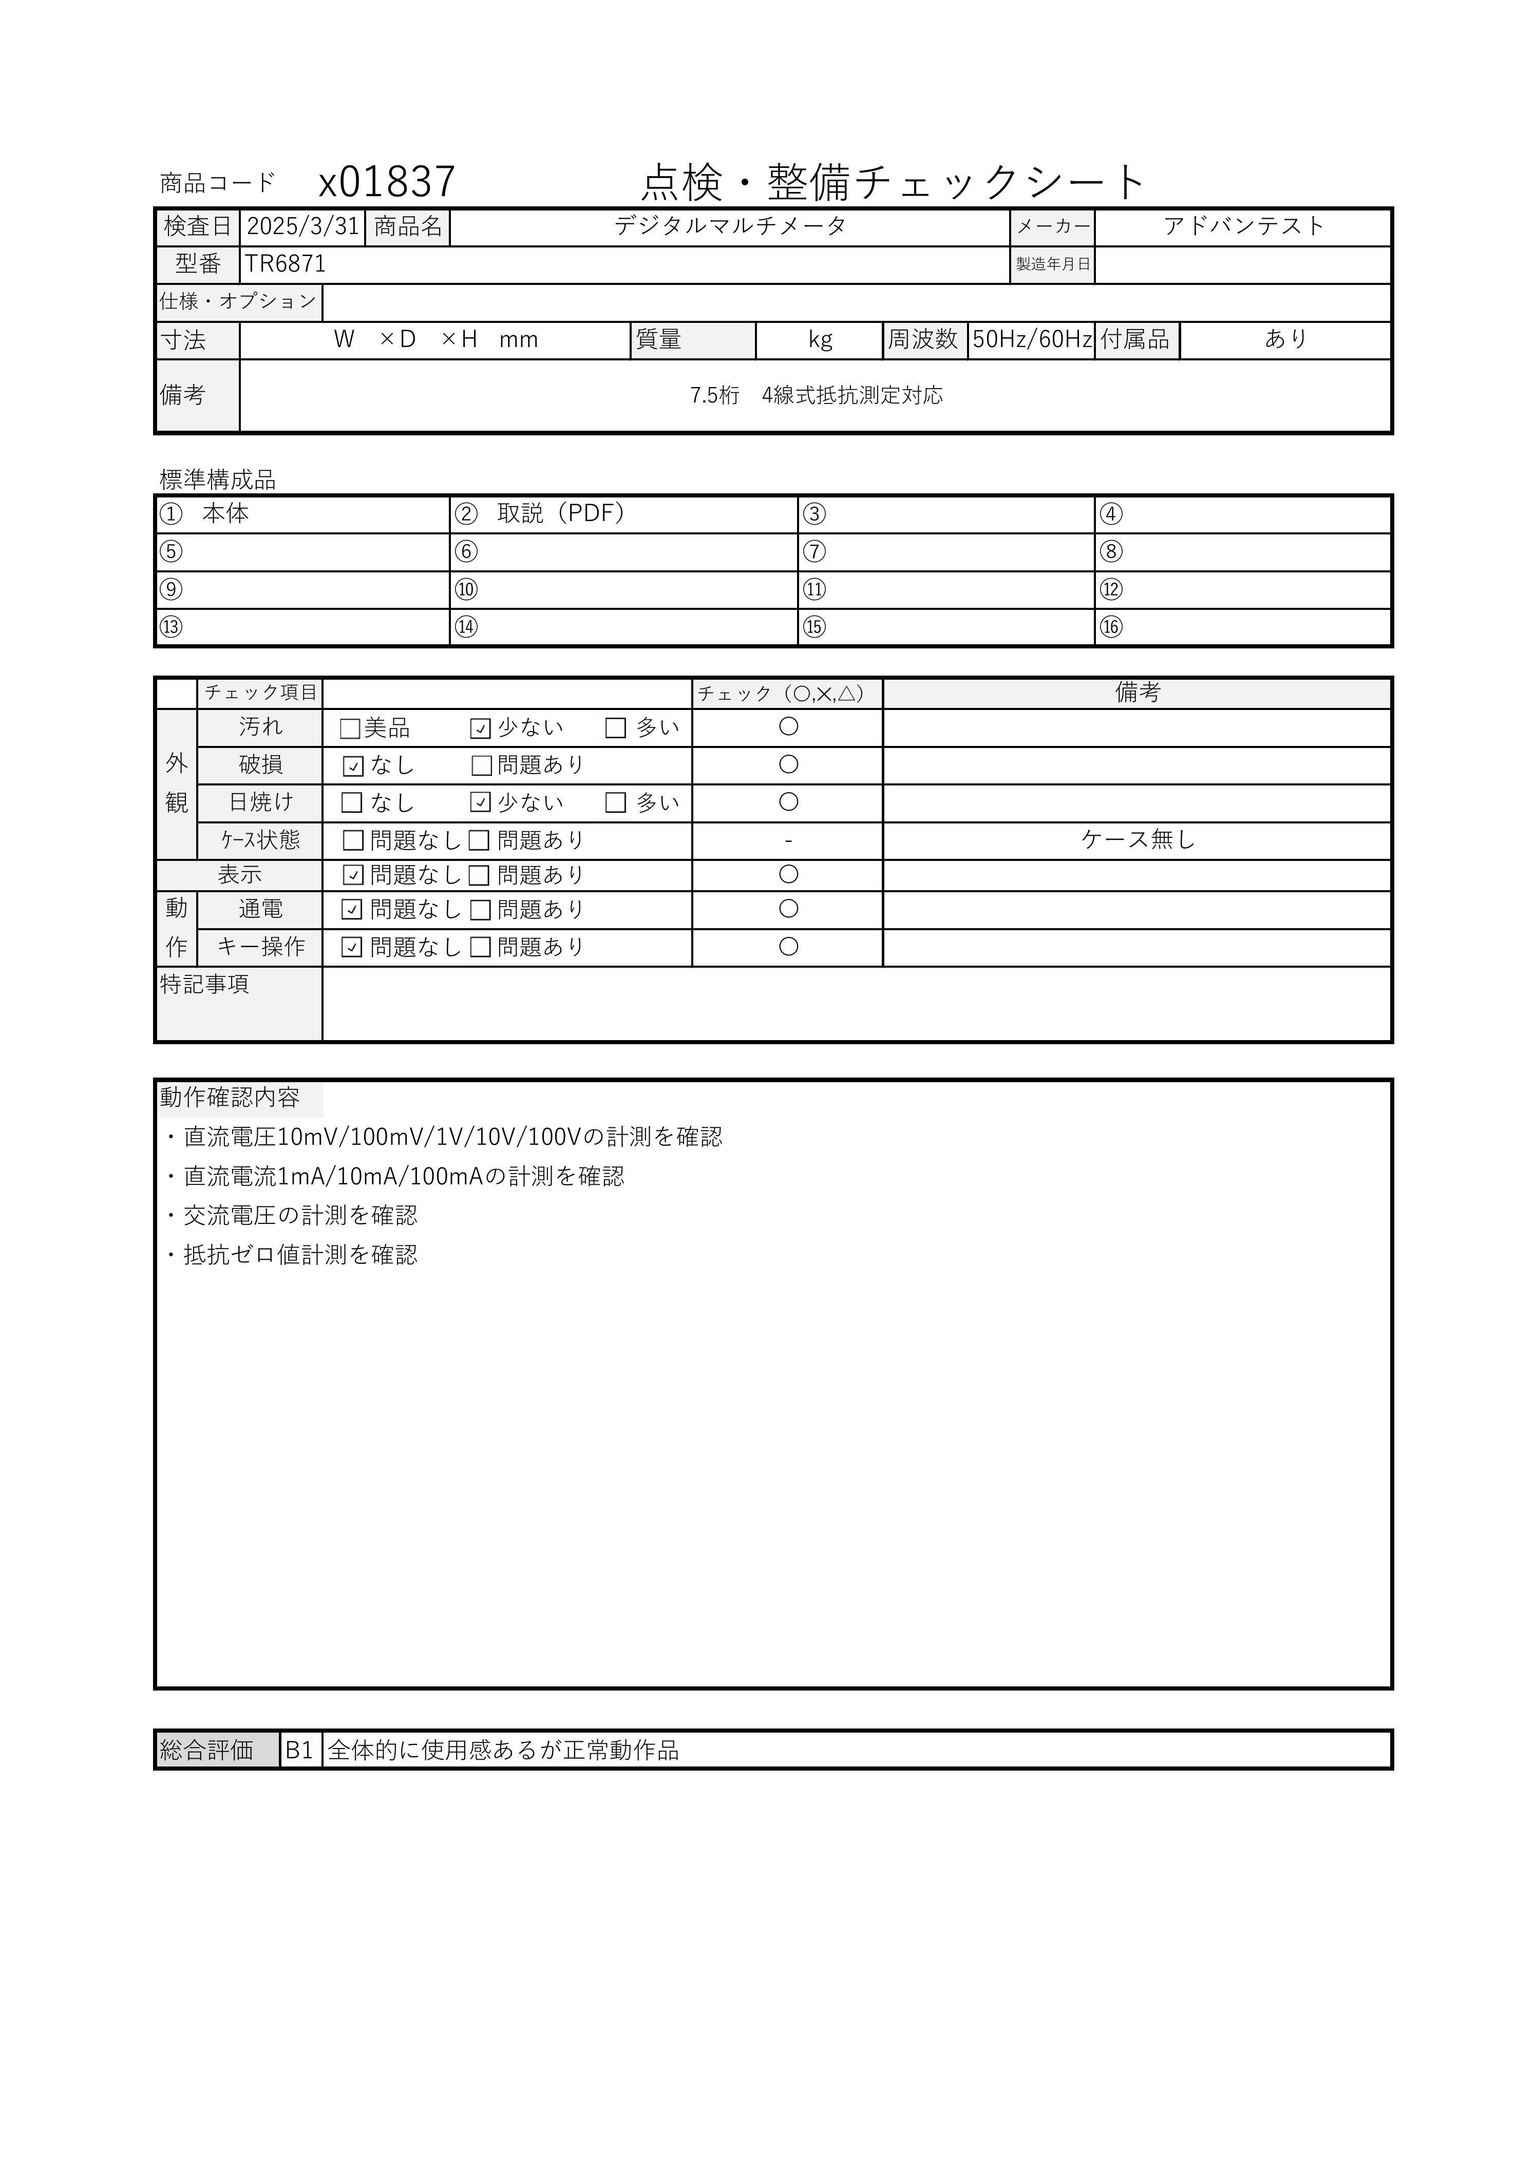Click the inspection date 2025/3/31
(302, 227)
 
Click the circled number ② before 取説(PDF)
(466, 514)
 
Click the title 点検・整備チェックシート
(893, 181)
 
